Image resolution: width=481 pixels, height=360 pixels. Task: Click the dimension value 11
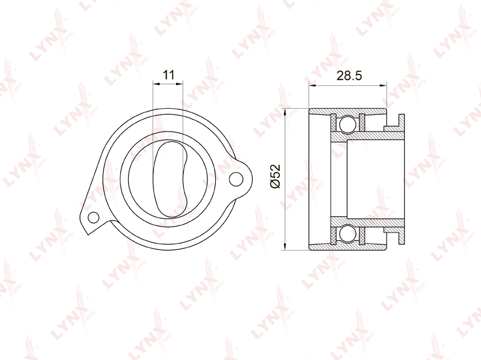click(168, 75)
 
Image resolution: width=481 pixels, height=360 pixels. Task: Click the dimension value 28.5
click(349, 76)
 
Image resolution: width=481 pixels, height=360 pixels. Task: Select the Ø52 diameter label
click(275, 176)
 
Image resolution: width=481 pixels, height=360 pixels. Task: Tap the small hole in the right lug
click(236, 179)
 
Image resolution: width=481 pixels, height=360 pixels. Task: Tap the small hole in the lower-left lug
click(93, 218)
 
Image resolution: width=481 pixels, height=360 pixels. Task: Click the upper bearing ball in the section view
click(348, 124)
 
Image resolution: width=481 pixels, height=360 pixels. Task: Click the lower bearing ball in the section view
click(348, 234)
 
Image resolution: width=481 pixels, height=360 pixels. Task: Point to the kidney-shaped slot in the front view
click(170, 179)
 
